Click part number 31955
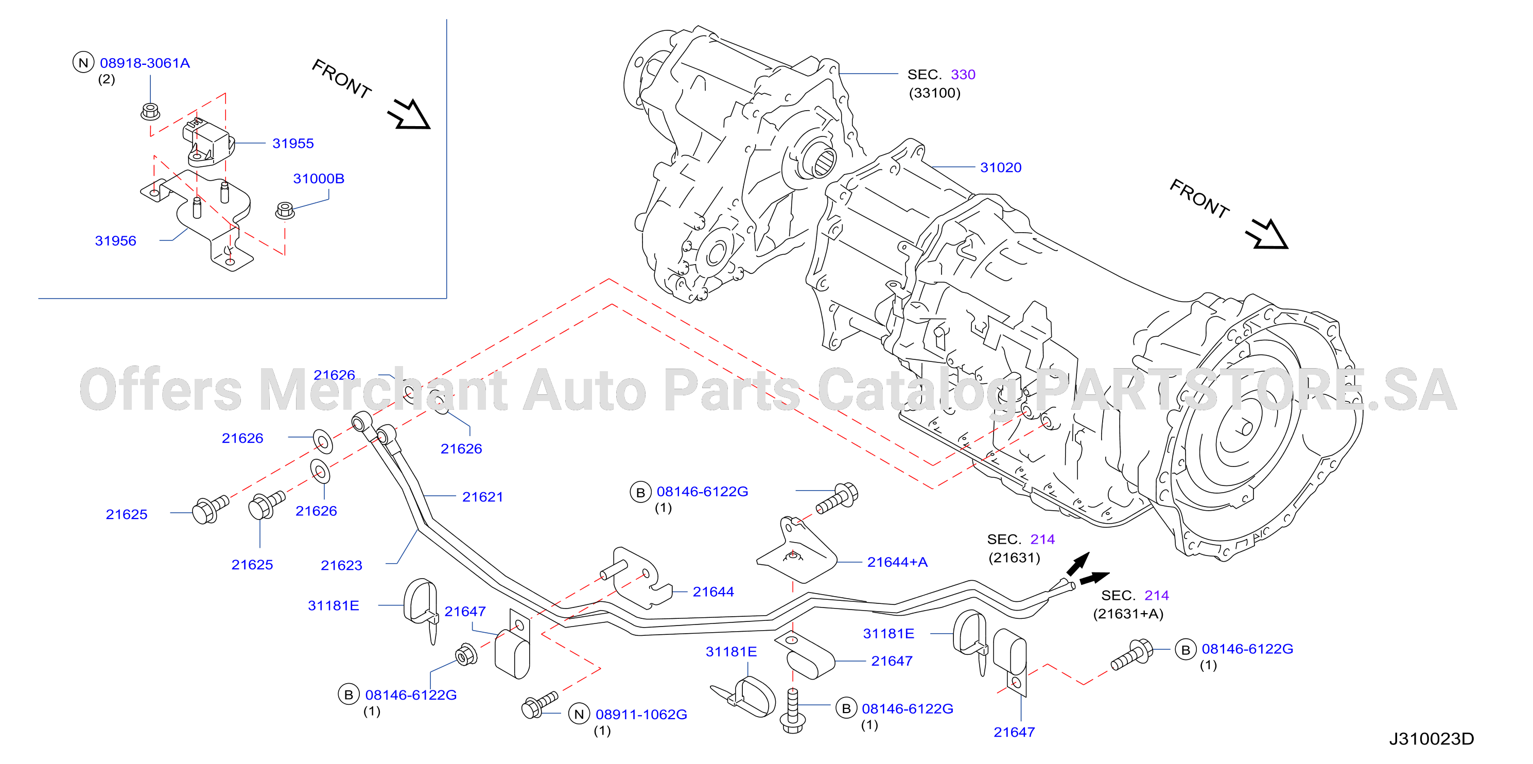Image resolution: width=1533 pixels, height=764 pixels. click(x=293, y=144)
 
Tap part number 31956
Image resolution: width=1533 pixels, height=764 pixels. click(x=115, y=241)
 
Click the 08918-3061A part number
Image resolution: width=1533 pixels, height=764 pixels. click(x=145, y=63)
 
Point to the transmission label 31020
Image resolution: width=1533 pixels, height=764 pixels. click(x=1001, y=168)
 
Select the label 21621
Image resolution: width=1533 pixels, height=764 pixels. click(x=483, y=497)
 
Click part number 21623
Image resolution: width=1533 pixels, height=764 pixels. click(x=342, y=565)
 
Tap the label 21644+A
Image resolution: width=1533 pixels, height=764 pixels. click(x=897, y=562)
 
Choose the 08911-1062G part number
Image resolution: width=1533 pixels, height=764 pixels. click(x=641, y=715)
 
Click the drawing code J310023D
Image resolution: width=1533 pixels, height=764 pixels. click(x=1431, y=739)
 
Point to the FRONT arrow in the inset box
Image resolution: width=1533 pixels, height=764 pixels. click(x=409, y=114)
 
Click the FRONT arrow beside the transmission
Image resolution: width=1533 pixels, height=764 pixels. click(x=1267, y=234)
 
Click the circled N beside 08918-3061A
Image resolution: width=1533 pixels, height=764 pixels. click(x=83, y=62)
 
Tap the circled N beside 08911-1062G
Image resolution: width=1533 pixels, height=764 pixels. click(x=579, y=714)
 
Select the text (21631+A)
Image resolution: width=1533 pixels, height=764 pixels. click(x=1128, y=614)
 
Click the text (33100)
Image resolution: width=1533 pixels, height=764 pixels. click(x=934, y=93)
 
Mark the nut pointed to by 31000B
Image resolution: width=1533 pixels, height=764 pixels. click(x=285, y=210)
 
